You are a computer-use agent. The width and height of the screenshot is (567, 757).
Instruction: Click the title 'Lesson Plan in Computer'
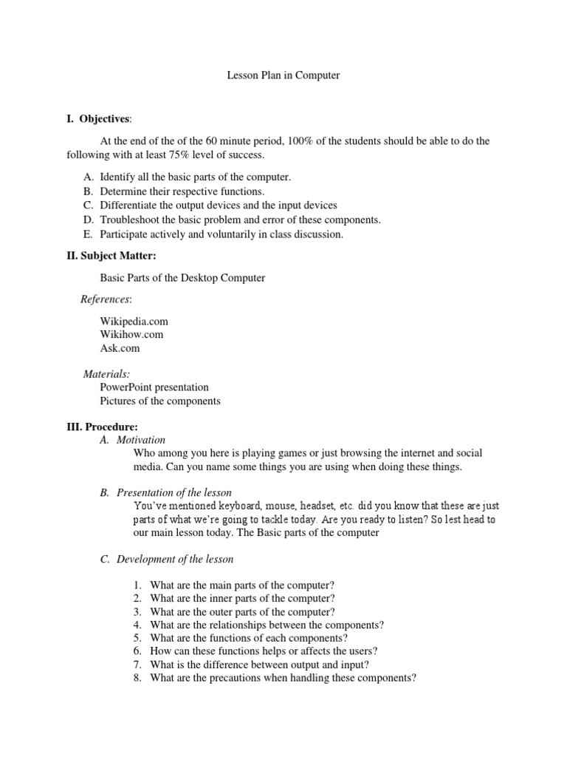pos(283,76)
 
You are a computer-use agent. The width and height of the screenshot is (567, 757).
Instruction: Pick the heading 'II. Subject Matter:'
pos(111,256)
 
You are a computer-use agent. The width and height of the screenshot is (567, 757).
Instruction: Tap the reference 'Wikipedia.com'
pos(134,321)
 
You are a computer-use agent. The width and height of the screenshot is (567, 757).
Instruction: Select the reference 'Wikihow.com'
pos(131,334)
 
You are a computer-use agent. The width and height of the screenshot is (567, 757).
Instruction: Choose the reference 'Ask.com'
pos(120,348)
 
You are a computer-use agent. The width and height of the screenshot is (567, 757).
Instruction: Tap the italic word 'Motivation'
pos(142,440)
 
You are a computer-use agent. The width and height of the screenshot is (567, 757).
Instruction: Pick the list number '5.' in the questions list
pos(137,637)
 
